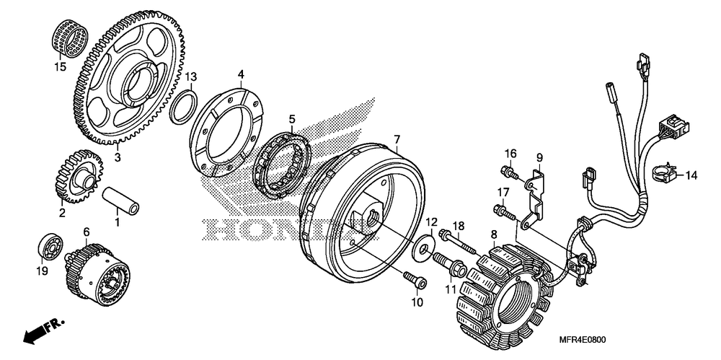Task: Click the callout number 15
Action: click(x=61, y=68)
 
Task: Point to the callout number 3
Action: click(x=118, y=157)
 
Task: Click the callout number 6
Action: click(x=86, y=231)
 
